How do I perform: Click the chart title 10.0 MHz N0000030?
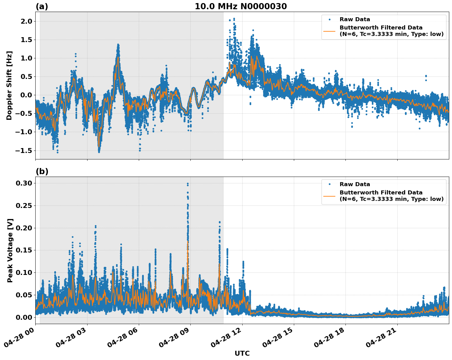pyautogui.click(x=241, y=6)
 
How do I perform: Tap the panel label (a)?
pyautogui.click(x=42, y=6)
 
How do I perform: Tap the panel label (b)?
pyautogui.click(x=42, y=171)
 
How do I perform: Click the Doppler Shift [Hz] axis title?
pyautogui.click(x=9, y=85)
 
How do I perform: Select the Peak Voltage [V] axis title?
pyautogui.click(x=10, y=250)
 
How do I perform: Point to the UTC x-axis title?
pyautogui.click(x=242, y=353)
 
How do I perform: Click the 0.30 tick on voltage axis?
pyautogui.click(x=24, y=183)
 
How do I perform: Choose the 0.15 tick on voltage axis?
pyautogui.click(x=24, y=250)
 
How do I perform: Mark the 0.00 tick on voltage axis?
pyautogui.click(x=24, y=317)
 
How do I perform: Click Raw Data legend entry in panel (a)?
pyautogui.click(x=355, y=19)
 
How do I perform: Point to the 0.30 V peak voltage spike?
pyautogui.click(x=188, y=184)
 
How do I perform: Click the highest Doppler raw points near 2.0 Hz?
pyautogui.click(x=234, y=19)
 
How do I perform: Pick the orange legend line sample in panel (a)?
pyautogui.click(x=329, y=31)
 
